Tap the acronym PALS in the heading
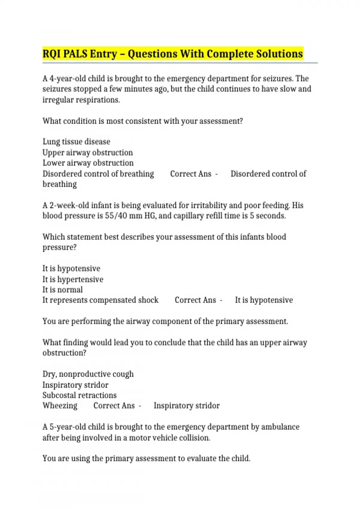tap(75, 54)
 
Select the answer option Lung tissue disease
tap(76, 142)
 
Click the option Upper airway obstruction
tap(87, 152)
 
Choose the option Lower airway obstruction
tap(88, 163)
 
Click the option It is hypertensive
tap(73, 279)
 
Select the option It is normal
tap(62, 290)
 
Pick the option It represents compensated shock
tap(100, 300)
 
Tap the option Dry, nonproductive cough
tap(88, 374)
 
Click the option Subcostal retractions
tap(79, 395)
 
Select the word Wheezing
tap(60, 406)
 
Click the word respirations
tap(97, 100)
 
